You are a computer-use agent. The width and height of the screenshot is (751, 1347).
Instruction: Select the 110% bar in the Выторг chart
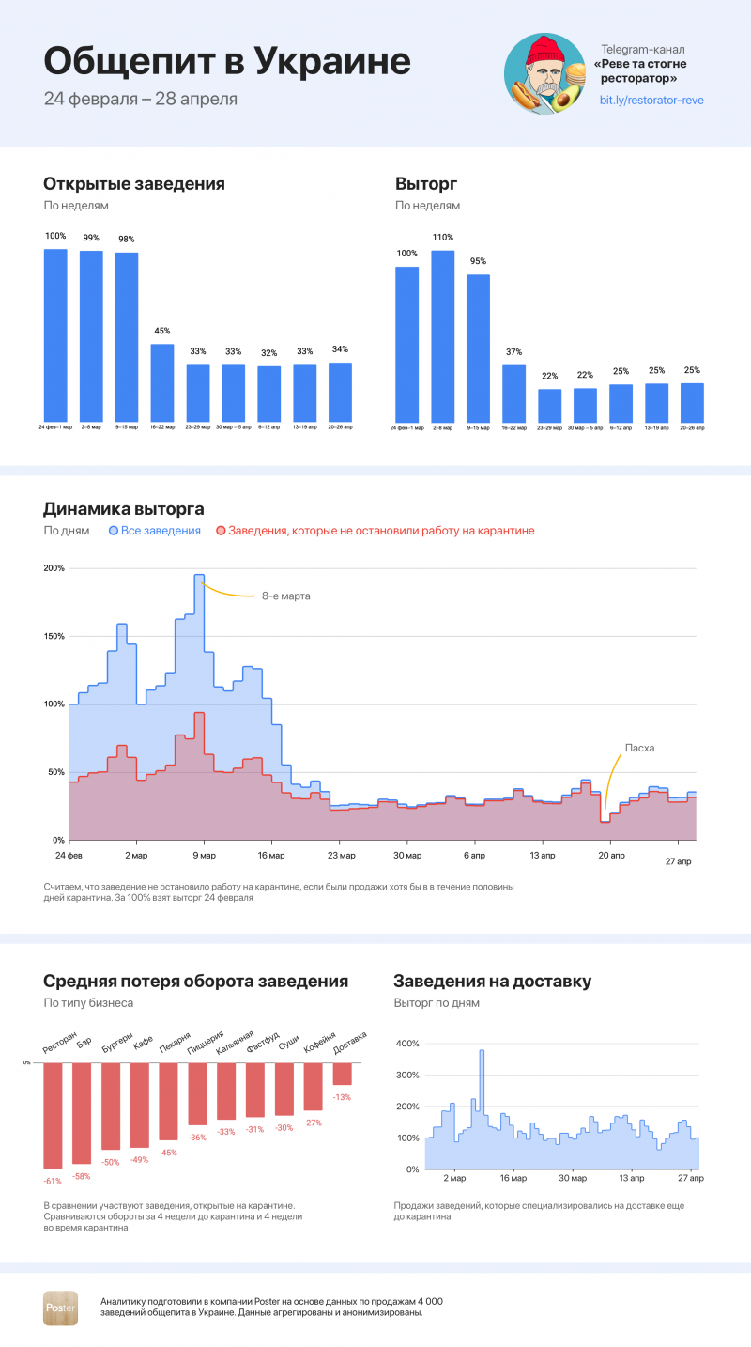click(x=443, y=335)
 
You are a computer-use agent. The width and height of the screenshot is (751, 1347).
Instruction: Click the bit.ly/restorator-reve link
click(x=651, y=100)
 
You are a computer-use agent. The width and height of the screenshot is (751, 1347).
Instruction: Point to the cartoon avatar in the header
click(x=544, y=74)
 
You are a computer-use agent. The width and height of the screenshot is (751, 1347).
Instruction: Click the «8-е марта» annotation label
click(x=286, y=596)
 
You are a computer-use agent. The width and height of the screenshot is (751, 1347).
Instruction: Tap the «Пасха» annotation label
click(x=639, y=748)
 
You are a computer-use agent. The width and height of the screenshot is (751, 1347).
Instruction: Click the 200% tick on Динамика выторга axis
click(x=54, y=568)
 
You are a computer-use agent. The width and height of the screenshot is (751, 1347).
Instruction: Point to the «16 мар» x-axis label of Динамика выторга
click(x=272, y=856)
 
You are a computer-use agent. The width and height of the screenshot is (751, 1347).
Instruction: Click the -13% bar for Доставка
click(x=343, y=1074)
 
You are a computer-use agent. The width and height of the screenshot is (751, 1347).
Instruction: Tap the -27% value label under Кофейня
click(x=313, y=1122)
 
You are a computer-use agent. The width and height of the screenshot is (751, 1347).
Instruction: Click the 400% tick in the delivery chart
click(x=406, y=1044)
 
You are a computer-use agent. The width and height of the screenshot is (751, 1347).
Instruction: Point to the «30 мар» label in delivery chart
click(x=573, y=1177)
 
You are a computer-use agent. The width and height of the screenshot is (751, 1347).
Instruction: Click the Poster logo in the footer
click(x=61, y=1308)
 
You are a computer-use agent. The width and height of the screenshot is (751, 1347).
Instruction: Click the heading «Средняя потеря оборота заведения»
click(x=195, y=982)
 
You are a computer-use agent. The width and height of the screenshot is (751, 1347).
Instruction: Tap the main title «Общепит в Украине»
click(x=227, y=62)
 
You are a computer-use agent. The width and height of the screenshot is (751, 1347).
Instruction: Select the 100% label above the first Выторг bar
click(x=406, y=254)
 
